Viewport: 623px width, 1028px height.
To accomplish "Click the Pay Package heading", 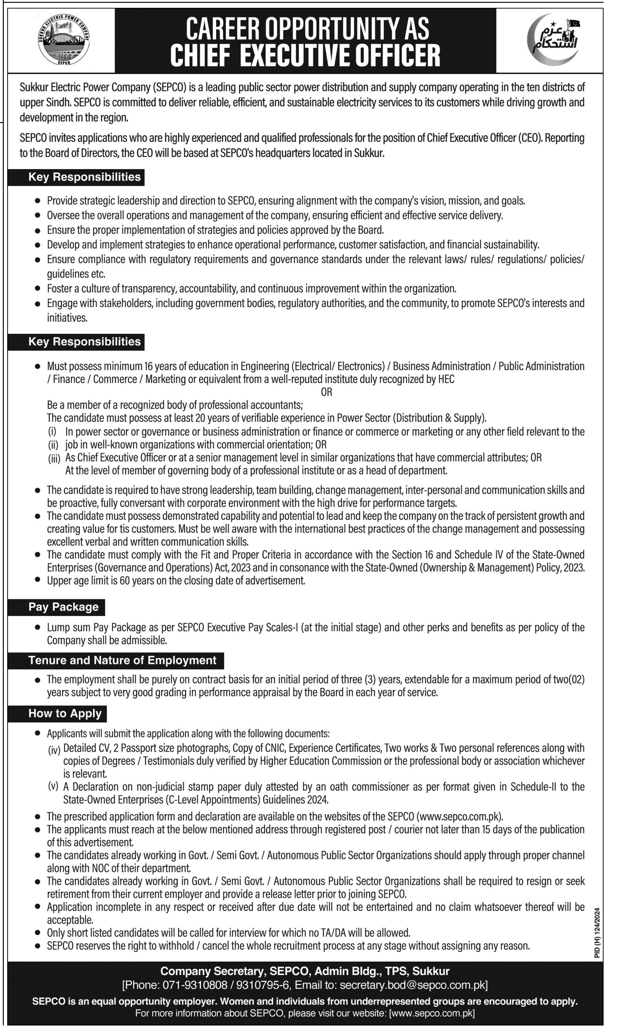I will click(x=63, y=607).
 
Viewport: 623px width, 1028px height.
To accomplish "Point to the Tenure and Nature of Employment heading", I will click(x=122, y=660).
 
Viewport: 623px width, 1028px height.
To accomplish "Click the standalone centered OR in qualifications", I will click(x=326, y=392).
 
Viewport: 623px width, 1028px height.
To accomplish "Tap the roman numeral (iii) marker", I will click(x=54, y=459).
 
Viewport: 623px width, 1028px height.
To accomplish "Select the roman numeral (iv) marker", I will click(x=54, y=750).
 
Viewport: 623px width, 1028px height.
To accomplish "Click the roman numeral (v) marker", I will click(x=54, y=787).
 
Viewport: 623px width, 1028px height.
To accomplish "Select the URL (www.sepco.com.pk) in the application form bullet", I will click(x=459, y=817).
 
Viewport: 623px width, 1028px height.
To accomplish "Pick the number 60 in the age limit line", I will click(x=125, y=581).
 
